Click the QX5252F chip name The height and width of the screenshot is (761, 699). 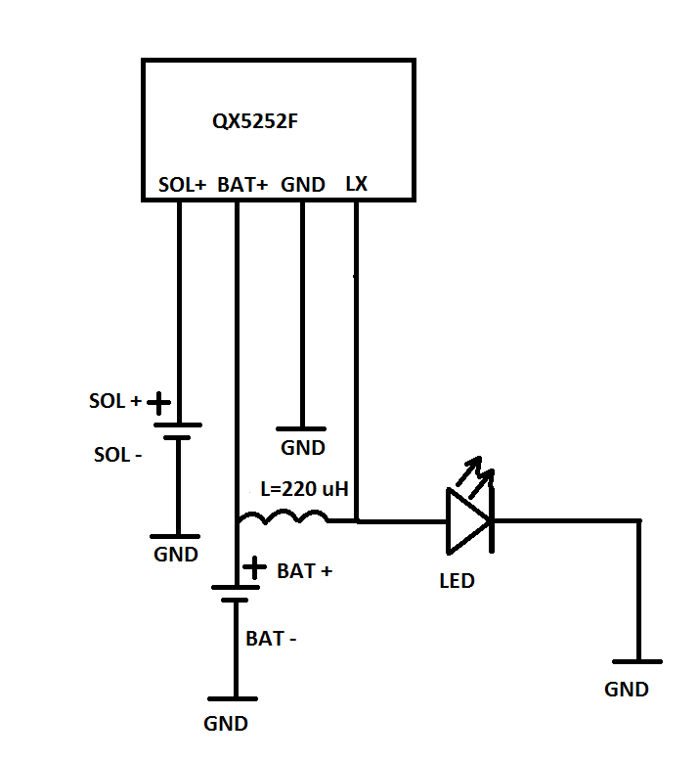[255, 121]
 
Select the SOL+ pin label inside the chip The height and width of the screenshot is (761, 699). [183, 185]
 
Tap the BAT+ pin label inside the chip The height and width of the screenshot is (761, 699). [242, 185]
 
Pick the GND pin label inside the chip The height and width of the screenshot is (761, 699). [303, 185]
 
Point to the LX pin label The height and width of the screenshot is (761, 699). [357, 184]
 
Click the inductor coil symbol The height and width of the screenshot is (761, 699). [284, 517]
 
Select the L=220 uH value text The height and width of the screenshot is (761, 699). [305, 489]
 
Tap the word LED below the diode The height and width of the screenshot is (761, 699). [457, 581]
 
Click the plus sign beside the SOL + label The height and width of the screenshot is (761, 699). [158, 402]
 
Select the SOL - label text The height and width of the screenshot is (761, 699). [118, 455]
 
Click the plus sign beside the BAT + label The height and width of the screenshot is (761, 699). [254, 567]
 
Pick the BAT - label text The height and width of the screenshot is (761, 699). [271, 639]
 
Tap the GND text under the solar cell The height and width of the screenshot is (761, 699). [176, 555]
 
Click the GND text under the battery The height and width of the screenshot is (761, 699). [226, 724]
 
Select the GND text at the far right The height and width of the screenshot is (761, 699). [627, 690]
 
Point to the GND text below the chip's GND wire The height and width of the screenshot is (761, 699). [303, 447]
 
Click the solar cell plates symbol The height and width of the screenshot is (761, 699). [178, 431]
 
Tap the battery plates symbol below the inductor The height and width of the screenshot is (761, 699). [236, 594]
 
